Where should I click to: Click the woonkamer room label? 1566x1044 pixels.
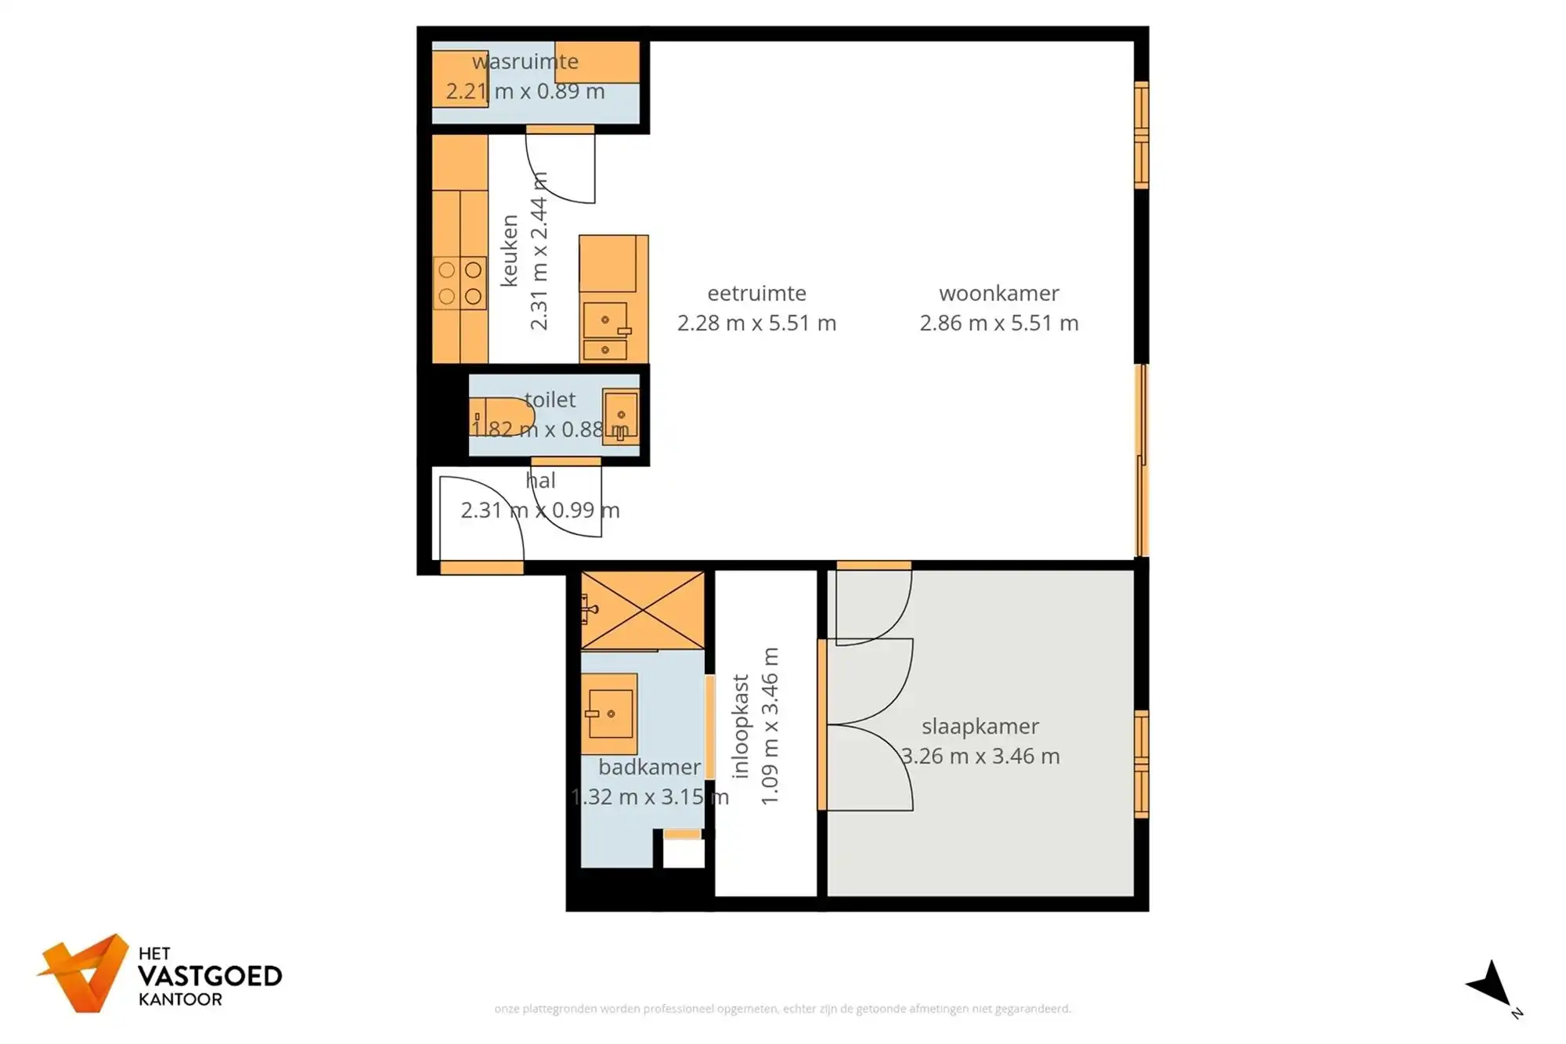coord(998,293)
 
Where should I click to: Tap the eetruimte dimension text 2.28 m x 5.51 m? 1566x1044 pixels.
coord(756,323)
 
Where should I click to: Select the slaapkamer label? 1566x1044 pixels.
coord(980,726)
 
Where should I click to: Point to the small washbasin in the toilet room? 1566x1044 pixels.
coord(620,417)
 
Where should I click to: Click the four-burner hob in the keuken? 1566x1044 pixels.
coord(460,283)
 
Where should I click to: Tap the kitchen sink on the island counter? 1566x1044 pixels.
coord(606,321)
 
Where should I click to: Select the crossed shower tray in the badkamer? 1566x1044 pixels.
coord(642,610)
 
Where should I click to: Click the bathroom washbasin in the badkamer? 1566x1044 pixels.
coord(609,713)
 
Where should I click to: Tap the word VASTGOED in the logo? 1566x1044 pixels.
coord(209,976)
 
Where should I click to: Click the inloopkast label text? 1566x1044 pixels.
coord(741,726)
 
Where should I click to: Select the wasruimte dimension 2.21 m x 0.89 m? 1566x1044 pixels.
coord(525,92)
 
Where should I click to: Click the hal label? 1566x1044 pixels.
coord(540,480)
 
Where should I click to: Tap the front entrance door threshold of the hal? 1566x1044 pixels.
coord(482,568)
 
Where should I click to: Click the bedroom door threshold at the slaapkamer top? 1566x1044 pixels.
coord(874,565)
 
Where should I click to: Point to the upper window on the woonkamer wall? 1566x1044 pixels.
coord(1142,135)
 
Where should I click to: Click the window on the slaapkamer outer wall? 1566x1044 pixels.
coord(1142,764)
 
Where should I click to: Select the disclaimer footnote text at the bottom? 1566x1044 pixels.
coord(782,1009)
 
